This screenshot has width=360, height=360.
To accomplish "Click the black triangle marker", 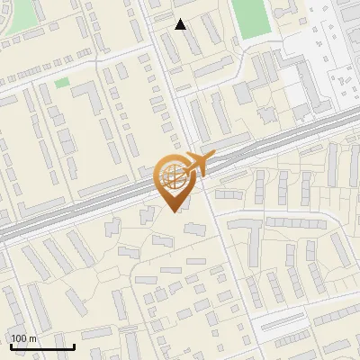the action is (181, 24).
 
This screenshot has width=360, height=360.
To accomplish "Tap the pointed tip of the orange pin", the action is (174, 211).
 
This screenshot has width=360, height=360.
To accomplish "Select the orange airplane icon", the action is (199, 164).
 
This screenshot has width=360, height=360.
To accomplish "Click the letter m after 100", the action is (31, 338).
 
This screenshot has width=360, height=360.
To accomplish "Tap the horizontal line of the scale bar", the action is (42, 346).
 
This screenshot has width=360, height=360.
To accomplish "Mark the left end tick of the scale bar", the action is (11, 345).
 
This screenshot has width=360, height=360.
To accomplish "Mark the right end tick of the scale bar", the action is (74, 345).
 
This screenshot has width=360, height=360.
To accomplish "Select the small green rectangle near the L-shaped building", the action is (61, 83).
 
